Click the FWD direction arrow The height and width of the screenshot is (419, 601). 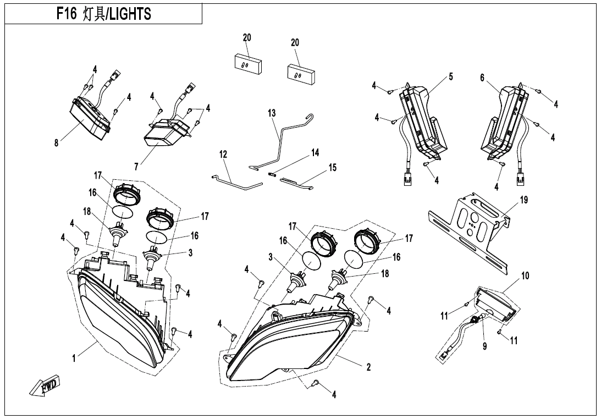[47, 386]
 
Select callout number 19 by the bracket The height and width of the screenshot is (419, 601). [523, 200]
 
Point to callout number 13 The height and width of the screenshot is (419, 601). [272, 113]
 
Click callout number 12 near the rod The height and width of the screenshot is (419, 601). [223, 155]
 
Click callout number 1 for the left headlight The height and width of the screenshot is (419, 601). [73, 359]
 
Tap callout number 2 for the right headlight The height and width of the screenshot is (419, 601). [368, 367]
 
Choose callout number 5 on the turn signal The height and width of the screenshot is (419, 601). [451, 76]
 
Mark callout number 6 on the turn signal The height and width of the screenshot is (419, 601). [482, 78]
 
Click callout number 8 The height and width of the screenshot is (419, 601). [56, 143]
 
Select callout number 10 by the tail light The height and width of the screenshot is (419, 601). [525, 275]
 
